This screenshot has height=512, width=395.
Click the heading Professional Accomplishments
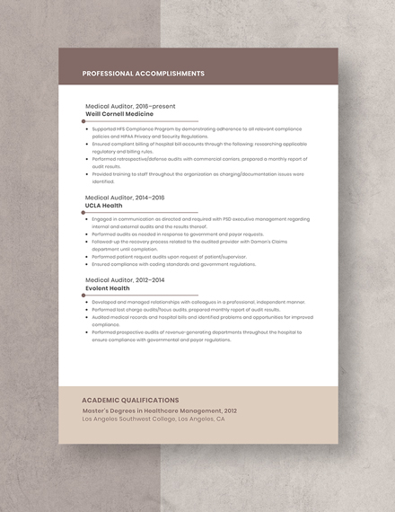coord(143,74)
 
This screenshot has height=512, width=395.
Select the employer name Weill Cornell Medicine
coord(119,114)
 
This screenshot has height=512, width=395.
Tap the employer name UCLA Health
coord(104,205)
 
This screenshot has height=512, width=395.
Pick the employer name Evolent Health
coord(108,287)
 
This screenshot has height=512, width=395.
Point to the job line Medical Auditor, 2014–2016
coord(125,197)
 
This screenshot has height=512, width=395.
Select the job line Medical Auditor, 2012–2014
coord(125,279)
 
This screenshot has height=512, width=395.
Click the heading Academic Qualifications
coord(130,400)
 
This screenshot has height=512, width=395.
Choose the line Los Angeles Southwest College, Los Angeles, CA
coord(154,419)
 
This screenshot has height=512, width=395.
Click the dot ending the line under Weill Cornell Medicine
coord(83,120)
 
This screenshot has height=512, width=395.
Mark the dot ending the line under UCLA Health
coord(83,212)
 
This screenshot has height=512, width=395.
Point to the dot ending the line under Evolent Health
coord(83,295)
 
